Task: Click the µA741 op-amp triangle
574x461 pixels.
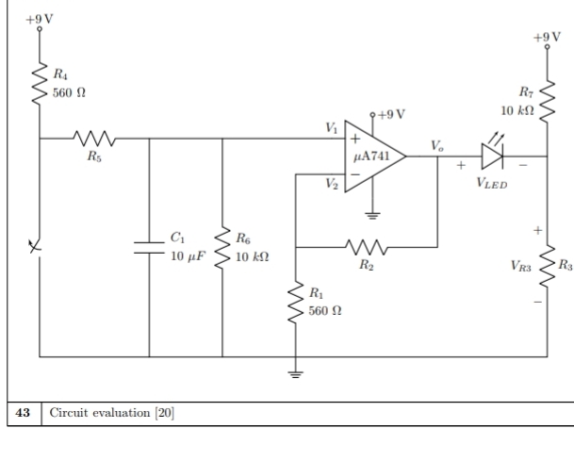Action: click(371, 156)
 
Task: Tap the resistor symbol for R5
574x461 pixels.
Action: click(95, 140)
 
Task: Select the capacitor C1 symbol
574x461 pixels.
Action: click(150, 247)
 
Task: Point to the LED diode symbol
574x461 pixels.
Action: click(494, 156)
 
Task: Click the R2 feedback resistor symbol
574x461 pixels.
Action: click(365, 247)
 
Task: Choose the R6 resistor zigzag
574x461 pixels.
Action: click(222, 247)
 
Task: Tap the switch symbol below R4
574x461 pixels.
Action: click(38, 247)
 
